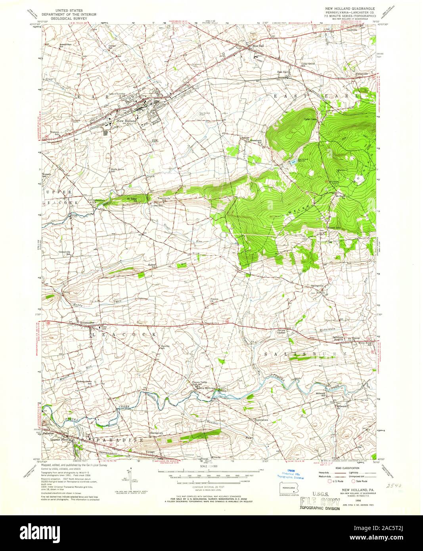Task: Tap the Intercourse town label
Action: pyautogui.click(x=89, y=322)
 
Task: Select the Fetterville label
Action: pyautogui.click(x=361, y=74)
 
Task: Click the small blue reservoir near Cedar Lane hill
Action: pyautogui.click(x=293, y=163)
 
